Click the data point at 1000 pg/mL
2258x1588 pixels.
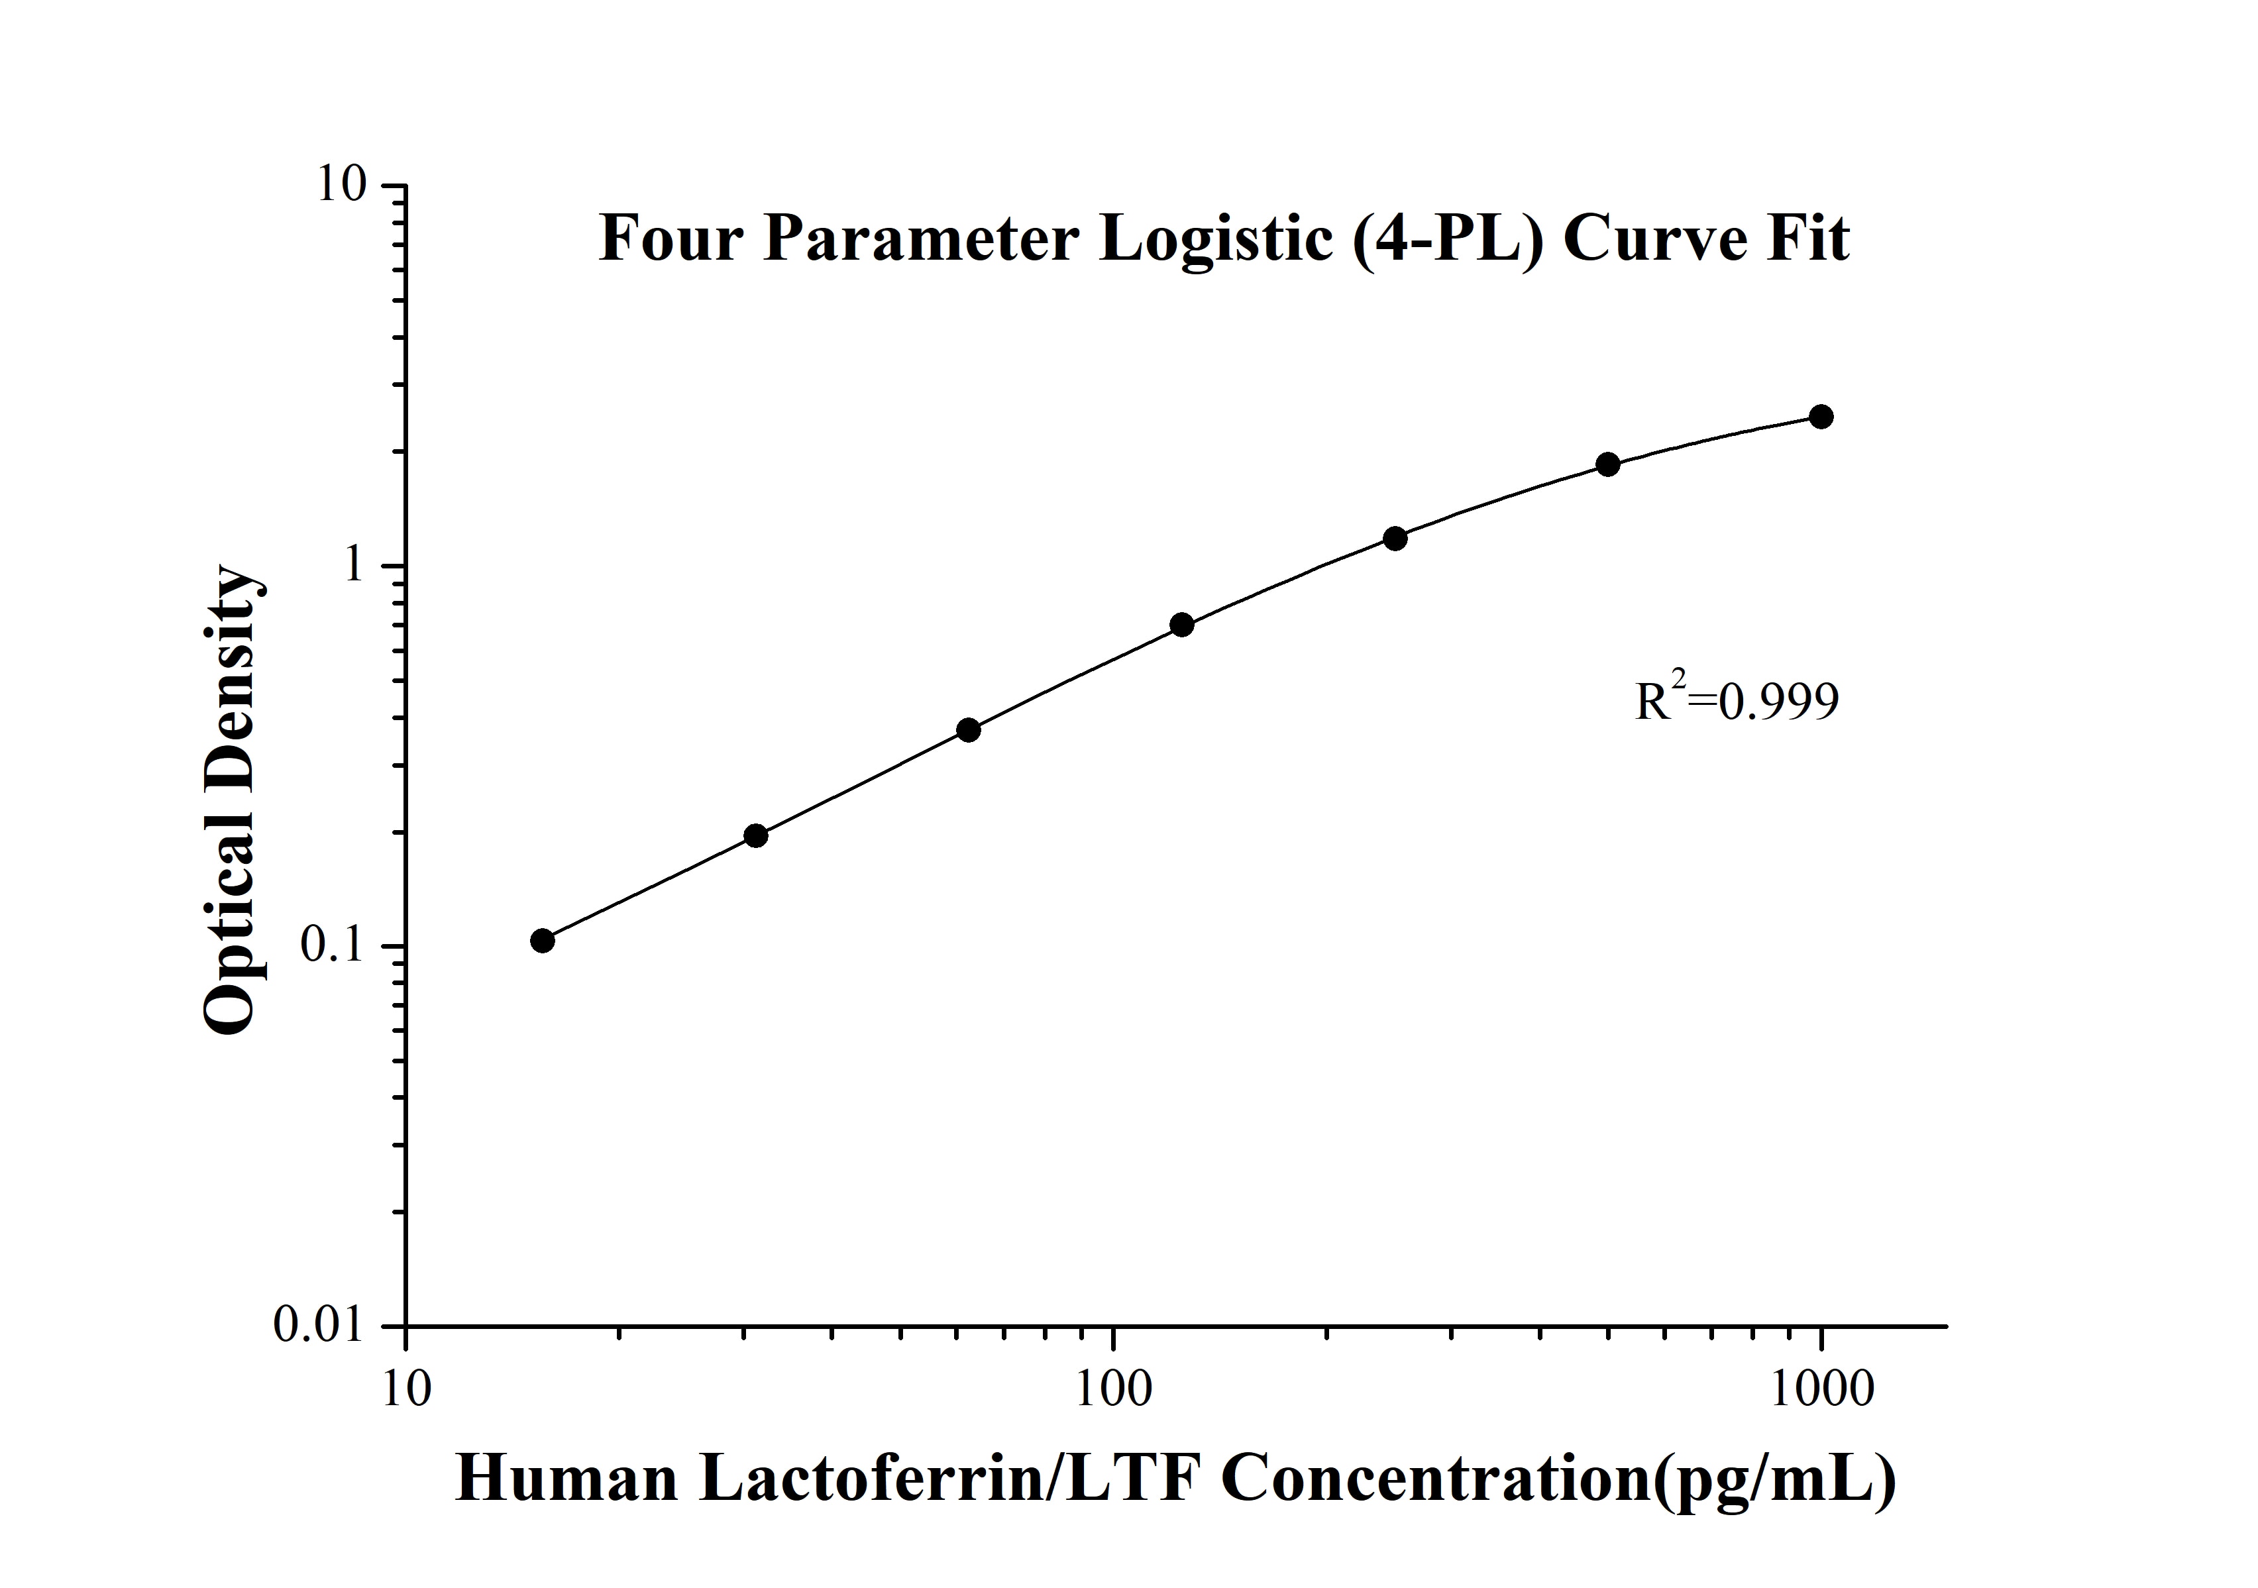pos(1820,417)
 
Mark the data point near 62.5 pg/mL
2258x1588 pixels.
pos(969,729)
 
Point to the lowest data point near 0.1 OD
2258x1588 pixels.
pos(543,941)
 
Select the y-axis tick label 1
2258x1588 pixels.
pos(351,566)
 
